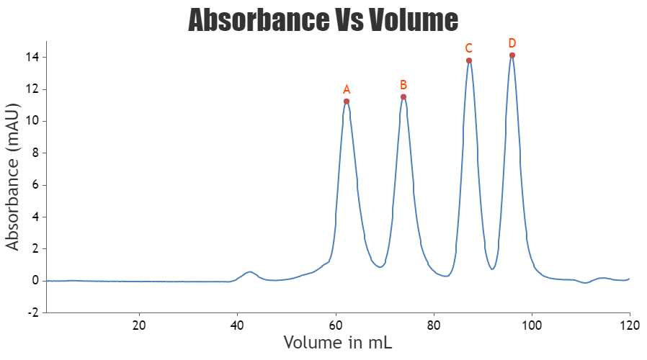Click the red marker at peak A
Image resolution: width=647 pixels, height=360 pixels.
(x=347, y=101)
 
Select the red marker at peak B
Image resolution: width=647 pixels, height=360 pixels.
(x=403, y=96)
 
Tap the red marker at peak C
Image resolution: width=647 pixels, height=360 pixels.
(x=469, y=60)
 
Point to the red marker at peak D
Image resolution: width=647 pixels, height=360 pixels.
(x=512, y=55)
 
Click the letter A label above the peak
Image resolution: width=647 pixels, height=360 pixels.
(x=347, y=90)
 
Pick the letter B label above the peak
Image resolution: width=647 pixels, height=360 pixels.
(x=403, y=85)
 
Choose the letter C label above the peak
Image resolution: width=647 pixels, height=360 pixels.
(x=468, y=48)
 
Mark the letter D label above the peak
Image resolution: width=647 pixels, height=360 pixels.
(x=512, y=43)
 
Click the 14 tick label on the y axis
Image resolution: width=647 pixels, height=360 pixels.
(x=33, y=57)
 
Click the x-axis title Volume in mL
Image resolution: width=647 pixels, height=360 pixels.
(x=337, y=342)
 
